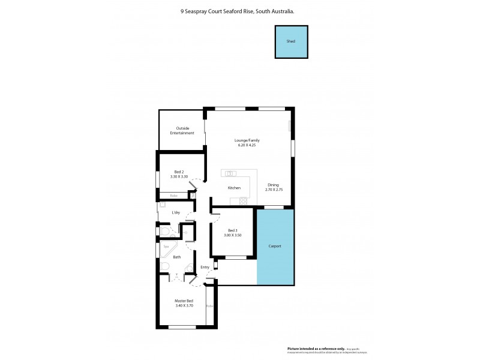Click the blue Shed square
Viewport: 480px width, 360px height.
pos(291,42)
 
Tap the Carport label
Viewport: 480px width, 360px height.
pos(275,247)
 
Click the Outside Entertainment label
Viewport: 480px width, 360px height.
pos(182,130)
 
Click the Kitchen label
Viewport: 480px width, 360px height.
pos(234,188)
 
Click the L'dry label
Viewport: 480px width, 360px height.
pos(176,213)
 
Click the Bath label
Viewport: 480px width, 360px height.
pos(176,257)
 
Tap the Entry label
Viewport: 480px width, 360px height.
pos(205,267)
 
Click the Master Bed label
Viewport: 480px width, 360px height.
pos(184,301)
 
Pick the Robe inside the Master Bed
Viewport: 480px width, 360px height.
pos(210,306)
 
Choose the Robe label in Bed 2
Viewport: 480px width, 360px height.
pos(173,196)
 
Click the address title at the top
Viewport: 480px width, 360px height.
pos(240,10)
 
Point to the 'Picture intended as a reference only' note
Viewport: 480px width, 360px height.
pos(316,348)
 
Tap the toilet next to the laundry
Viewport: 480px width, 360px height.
pos(164,230)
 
